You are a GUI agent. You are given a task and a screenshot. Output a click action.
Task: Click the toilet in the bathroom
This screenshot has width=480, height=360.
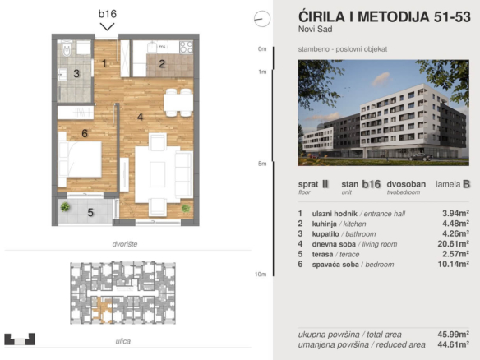pos(67,49)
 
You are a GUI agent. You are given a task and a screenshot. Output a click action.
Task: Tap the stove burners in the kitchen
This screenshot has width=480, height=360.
pos(186,48)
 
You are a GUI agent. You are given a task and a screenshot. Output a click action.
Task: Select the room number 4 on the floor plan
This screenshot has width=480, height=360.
pos(141,117)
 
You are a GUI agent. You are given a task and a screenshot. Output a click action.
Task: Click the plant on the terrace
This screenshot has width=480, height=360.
pos(65,207)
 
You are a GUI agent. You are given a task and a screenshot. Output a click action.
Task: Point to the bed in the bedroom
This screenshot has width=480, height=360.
pos(80,159)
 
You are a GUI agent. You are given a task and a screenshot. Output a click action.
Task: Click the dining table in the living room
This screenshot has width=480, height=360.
pos(178,103)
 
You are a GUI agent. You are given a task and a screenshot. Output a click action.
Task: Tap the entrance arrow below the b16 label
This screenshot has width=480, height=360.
pos(107,27)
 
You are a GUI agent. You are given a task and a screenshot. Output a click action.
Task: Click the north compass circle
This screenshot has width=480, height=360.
pos(262,19)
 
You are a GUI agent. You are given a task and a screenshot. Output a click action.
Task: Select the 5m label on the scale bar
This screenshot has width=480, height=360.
pos(262,164)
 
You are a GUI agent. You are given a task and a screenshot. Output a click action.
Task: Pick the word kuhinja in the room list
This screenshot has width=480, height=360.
pos(324,224)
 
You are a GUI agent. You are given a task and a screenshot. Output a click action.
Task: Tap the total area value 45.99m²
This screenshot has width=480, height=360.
pos(453,334)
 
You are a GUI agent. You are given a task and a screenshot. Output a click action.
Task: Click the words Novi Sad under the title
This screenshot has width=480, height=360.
pos(315,29)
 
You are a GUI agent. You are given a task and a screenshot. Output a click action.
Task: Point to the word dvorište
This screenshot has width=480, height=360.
pos(125,244)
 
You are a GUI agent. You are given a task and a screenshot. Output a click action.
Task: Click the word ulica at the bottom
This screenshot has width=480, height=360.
pos(123,341)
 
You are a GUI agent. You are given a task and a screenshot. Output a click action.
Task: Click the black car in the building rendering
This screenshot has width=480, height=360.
pos(421,157)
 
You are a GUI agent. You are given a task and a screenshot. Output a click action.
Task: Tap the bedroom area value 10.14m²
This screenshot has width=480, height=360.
pos(453,264)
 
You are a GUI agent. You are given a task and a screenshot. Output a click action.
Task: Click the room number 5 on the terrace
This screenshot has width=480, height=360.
pos(90,212)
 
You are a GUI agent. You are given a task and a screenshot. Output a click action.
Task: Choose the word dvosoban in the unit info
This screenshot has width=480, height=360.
pos(406,184)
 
